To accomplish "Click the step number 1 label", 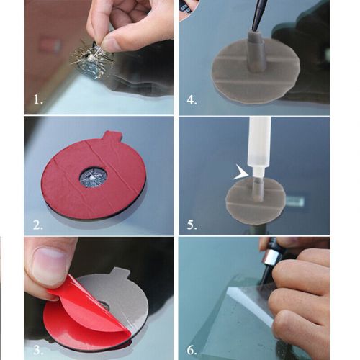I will tap(37, 101).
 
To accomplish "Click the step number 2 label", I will tap(37, 224).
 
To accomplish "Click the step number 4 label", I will tap(192, 101).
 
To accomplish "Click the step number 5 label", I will tap(192, 224).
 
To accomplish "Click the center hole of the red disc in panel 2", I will tap(94, 176).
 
